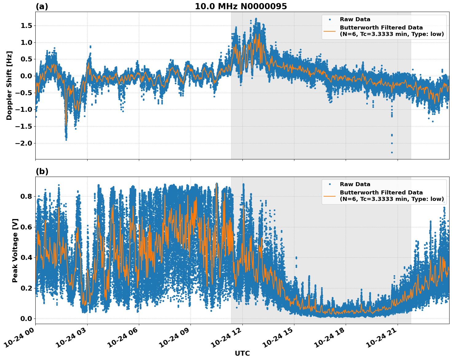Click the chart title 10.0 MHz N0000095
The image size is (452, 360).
point(241,6)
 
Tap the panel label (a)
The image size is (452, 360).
point(42,6)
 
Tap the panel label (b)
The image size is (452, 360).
point(42,171)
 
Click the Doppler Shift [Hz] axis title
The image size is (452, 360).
point(9,85)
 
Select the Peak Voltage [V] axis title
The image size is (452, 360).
point(15,250)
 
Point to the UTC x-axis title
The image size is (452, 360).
point(242,353)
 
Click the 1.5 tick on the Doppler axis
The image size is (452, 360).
point(26,26)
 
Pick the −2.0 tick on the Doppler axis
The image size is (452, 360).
point(24,143)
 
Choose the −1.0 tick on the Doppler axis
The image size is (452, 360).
point(24,110)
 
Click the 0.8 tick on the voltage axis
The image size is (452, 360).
point(26,196)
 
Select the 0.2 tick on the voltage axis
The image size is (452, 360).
point(26,288)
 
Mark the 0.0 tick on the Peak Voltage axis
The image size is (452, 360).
point(26,319)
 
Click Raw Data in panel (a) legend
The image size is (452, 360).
point(355,19)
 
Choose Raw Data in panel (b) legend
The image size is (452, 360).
point(355,184)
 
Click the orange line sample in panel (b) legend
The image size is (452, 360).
point(329,196)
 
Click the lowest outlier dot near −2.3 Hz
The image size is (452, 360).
point(392,152)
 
